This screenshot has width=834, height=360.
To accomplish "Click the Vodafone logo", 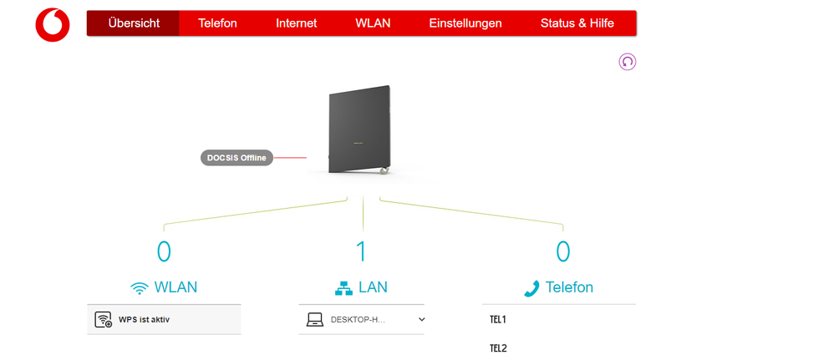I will pyautogui.click(x=53, y=24).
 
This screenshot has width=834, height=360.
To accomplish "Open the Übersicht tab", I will pyautogui.click(x=134, y=23).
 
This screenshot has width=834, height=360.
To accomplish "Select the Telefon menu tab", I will pyautogui.click(x=217, y=23).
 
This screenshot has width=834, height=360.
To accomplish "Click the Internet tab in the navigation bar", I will pyautogui.click(x=297, y=23).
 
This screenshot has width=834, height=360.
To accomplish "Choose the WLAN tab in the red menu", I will pyautogui.click(x=373, y=23).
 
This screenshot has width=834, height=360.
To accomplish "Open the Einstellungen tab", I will pyautogui.click(x=465, y=23).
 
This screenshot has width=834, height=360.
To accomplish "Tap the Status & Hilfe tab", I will pyautogui.click(x=577, y=23).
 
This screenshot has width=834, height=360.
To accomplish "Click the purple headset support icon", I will pyautogui.click(x=627, y=62).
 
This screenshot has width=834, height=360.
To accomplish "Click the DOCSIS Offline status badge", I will pyautogui.click(x=236, y=158).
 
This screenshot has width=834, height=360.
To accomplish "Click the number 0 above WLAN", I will pyautogui.click(x=164, y=251).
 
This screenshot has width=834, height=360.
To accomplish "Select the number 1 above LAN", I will pyautogui.click(x=362, y=251).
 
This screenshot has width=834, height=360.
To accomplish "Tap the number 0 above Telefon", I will pyautogui.click(x=563, y=251).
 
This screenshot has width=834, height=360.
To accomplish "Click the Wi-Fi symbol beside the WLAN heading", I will pyautogui.click(x=140, y=288).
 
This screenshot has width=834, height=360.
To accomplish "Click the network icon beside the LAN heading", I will pyautogui.click(x=343, y=288).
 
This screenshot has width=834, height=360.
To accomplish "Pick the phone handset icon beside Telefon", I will pyautogui.click(x=531, y=288).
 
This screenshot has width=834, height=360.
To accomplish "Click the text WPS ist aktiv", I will pyautogui.click(x=144, y=319).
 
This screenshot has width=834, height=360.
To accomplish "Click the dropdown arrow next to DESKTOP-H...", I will pyautogui.click(x=422, y=319).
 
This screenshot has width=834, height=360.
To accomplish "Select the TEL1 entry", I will pyautogui.click(x=498, y=319).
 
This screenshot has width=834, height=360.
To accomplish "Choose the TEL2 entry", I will pyautogui.click(x=498, y=348).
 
